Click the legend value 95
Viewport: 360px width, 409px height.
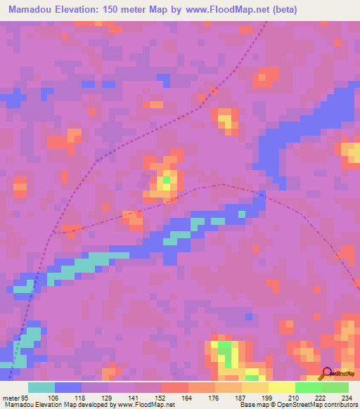pos(27,397)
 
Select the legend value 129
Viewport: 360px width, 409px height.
pos(108,397)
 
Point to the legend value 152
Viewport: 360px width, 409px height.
pos(161,397)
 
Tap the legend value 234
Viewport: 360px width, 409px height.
pos(345,397)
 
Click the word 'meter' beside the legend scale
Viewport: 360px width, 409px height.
pos(11,397)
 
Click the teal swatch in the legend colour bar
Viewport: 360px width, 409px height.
pos(41,387)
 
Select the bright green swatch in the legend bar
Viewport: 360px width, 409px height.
pos(309,387)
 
